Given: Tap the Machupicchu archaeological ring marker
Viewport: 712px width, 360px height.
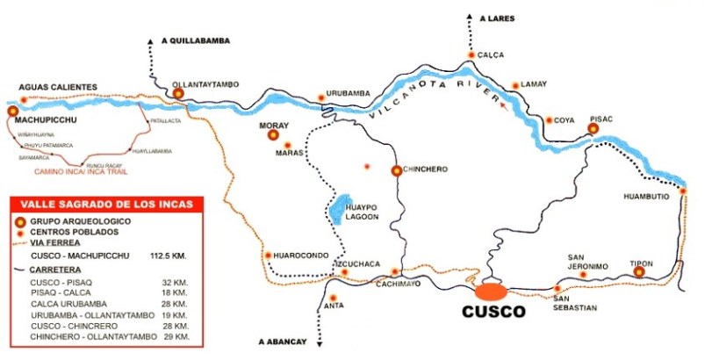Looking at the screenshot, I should [13, 111].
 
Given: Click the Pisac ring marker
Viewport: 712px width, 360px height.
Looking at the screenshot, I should [593, 128].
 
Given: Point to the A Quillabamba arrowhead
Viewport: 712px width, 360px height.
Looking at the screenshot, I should [151, 40].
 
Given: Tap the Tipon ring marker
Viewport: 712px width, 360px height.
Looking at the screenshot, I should [638, 272].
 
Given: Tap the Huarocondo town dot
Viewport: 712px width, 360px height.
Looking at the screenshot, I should [268, 256].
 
